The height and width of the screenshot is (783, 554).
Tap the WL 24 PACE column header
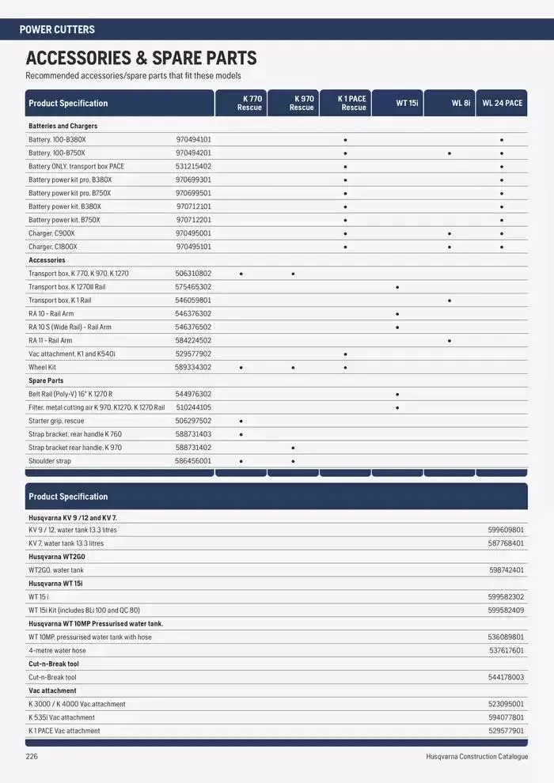[x=502, y=103]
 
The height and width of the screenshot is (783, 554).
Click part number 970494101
[x=193, y=139]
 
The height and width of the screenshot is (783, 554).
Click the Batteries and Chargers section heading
[x=63, y=126]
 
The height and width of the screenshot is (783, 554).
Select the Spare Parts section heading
[x=46, y=380]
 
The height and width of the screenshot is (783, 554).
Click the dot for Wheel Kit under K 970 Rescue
[x=293, y=368]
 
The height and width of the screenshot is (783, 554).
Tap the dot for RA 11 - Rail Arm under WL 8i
[x=450, y=341]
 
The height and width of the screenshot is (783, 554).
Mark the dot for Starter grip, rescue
[x=241, y=422]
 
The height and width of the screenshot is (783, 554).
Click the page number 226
[x=32, y=757]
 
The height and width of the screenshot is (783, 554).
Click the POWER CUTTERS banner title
[x=57, y=29]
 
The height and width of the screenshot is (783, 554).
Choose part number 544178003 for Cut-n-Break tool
[x=507, y=678]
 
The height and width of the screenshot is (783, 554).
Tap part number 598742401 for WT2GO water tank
[x=507, y=570]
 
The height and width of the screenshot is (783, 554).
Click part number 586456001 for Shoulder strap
[x=193, y=461]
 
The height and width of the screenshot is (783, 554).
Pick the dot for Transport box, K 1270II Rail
[x=397, y=287]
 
